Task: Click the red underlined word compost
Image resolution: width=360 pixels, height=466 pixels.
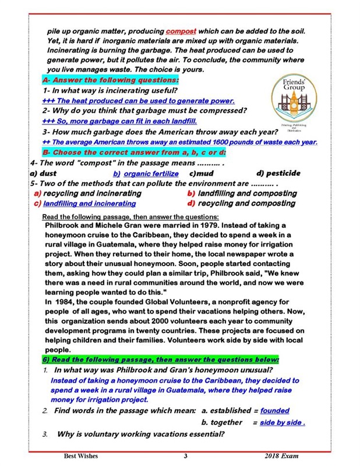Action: tap(181, 30)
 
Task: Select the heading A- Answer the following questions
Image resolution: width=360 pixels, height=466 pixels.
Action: tap(111, 80)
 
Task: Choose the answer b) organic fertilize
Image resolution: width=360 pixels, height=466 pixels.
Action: tap(146, 174)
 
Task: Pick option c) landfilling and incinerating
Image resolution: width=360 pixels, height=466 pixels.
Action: tap(85, 203)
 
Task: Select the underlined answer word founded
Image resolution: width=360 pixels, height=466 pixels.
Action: tap(275, 411)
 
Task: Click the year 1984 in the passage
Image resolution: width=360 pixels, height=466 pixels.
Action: tap(65, 302)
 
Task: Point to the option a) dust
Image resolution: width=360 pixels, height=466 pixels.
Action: tap(43, 173)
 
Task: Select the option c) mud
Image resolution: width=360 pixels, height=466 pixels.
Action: tap(202, 173)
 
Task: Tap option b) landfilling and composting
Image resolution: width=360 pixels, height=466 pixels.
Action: tap(242, 193)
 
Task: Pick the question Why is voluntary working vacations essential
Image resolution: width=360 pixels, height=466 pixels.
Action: tap(140, 434)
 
